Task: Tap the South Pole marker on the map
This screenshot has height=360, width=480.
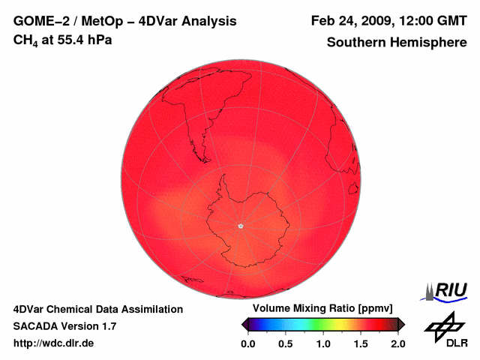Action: coord(240,226)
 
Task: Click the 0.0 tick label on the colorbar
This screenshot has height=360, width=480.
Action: coord(248,343)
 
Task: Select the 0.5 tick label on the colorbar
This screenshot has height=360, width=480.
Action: coord(286,343)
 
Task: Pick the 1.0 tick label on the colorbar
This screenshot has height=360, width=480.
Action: coord(323,343)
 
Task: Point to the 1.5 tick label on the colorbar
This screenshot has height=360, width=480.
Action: coord(361,343)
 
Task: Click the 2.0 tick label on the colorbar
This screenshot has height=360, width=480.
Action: coord(397,343)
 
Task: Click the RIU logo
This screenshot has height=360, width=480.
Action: coord(448,290)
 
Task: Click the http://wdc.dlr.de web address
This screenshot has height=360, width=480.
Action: coord(53,343)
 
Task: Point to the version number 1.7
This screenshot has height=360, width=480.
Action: coord(107,326)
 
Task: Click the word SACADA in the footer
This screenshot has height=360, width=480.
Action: coord(35,326)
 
